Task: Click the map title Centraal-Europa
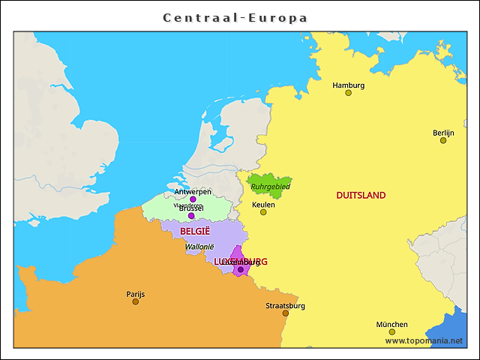coord(235,17)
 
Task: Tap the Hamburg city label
coord(349,85)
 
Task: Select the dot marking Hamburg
coord(349,93)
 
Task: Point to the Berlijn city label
coord(443,133)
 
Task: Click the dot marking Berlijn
coord(443,140)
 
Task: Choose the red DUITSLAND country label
coord(361,195)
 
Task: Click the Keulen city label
coord(263,204)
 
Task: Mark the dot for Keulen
coord(263,212)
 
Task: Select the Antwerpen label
coord(193,191)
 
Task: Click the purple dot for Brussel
coord(191,216)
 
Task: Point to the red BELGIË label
coord(195,231)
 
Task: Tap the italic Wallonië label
coord(199,246)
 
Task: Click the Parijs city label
coord(136,294)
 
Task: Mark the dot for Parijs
coord(136,301)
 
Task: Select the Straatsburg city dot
coord(286,313)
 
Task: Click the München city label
coord(392,325)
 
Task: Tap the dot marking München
coord(392,332)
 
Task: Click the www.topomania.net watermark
coord(424,340)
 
